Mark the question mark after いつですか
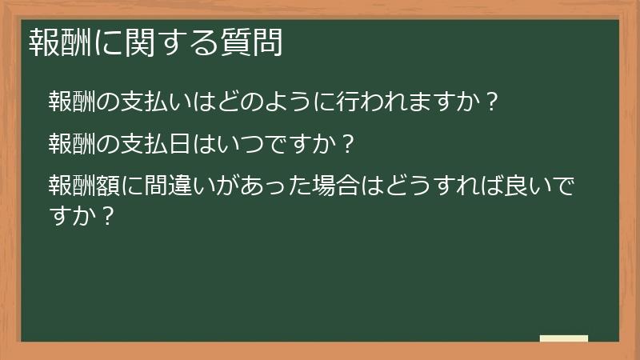pyautogui.click(x=347, y=145)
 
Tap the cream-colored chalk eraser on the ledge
pyautogui.click(x=563, y=338)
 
